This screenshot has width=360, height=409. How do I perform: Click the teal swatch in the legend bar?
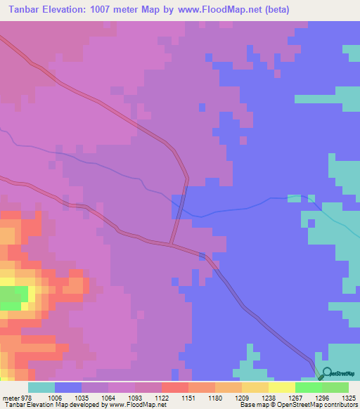pyautogui.click(x=41, y=387)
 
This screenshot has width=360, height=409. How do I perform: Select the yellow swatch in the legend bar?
pyautogui.click(x=282, y=387)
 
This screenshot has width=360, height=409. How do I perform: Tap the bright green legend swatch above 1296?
pyautogui.click(x=309, y=387)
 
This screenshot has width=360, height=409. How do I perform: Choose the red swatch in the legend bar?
pyautogui.click(x=175, y=387)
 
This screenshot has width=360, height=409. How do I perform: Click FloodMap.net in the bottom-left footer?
pyautogui.click(x=145, y=405)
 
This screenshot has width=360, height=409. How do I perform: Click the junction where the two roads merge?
pyautogui.click(x=172, y=245)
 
